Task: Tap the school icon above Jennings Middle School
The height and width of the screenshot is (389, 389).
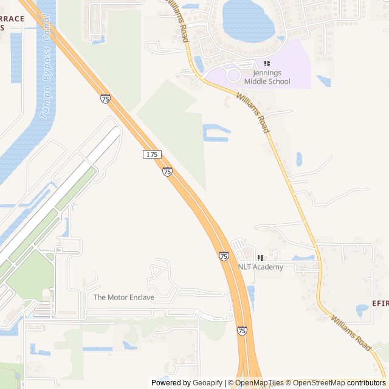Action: [266, 64]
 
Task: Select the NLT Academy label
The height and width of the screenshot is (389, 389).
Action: [260, 267]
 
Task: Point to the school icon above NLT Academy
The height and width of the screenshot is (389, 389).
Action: [260, 258]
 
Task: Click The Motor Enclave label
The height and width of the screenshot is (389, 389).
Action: [123, 297]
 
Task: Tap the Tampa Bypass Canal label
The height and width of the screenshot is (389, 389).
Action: [46, 74]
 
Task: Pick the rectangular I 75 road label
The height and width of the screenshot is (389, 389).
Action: [152, 154]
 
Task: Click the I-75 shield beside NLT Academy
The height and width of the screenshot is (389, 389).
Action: [224, 256]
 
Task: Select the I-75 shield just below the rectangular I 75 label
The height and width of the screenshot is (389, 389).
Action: [167, 172]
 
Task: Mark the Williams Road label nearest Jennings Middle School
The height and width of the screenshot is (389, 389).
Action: [253, 114]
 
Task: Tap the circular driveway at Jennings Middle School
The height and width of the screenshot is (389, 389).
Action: [233, 75]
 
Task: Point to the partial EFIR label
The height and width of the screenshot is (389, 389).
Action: [379, 303]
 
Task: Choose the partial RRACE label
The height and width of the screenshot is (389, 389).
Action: [12, 19]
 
